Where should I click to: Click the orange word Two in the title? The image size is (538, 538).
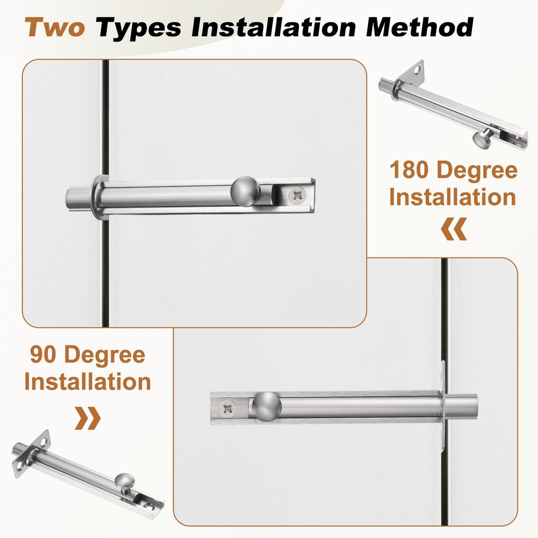[54, 27]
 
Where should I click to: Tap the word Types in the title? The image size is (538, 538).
[138, 28]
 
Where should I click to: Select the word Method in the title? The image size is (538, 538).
[420, 27]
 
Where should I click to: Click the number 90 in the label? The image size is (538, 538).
[43, 354]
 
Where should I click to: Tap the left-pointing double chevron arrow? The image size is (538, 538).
[454, 229]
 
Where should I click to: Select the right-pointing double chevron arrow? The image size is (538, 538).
[88, 418]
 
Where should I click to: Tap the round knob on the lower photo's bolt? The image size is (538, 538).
[267, 407]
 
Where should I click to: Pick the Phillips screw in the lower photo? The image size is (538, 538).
[228, 408]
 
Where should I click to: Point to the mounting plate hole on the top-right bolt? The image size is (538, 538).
[417, 70]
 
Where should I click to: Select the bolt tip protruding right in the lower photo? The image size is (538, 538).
[461, 408]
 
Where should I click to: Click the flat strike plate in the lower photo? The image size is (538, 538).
[443, 405]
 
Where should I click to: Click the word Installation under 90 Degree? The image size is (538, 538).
[88, 381]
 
